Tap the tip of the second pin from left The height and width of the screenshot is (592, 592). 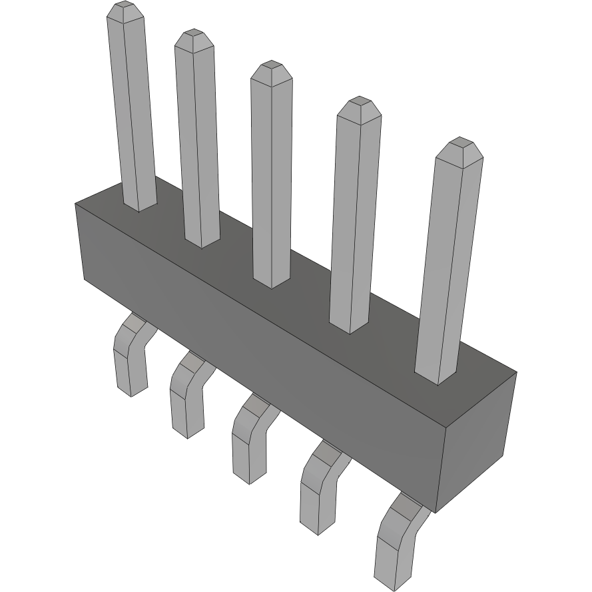tap(194, 39)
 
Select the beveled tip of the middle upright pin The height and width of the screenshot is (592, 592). tap(271, 69)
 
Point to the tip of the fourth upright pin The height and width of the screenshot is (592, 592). tap(359, 106)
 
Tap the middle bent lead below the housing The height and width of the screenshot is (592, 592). tap(249, 437)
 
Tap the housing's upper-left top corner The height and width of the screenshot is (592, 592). tap(75, 204)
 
